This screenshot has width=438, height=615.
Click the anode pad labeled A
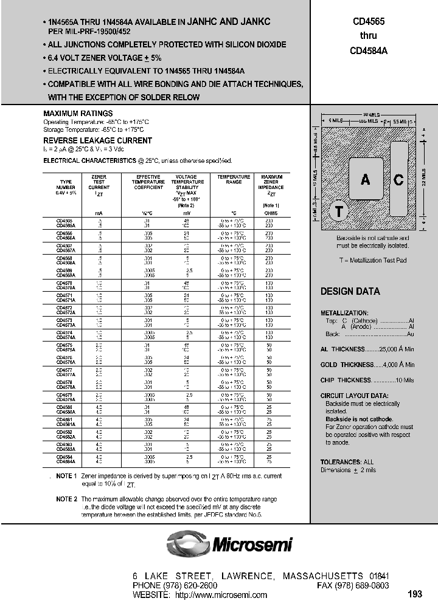coord(365,179)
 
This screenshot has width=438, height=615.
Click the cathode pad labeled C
coord(398,179)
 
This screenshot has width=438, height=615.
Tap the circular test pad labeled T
coord(339,211)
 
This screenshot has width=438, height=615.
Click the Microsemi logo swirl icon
coord(188,543)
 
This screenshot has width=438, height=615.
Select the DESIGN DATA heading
coord(350,292)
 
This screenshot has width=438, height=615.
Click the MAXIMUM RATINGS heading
coord(78,114)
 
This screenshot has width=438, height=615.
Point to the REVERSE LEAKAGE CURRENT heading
coord(97,140)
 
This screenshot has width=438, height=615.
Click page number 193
coord(415,594)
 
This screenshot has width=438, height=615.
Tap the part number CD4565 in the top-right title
coord(368,21)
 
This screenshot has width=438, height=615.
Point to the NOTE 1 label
coord(66,476)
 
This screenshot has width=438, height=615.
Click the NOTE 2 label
coord(66,499)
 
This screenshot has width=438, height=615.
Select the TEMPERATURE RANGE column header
coord(234,180)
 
